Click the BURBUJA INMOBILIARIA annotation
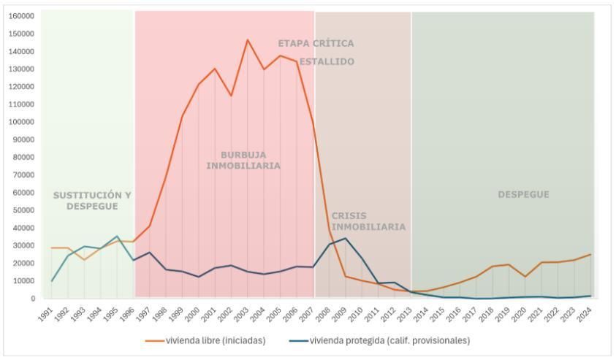(243, 160)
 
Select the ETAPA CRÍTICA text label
(316, 44)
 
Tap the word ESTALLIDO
(327, 62)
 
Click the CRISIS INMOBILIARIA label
(368, 221)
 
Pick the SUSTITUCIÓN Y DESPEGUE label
(92, 201)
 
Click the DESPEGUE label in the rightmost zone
(523, 195)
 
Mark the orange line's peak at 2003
(247, 39)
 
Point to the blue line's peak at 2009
(346, 238)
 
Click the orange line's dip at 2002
(231, 96)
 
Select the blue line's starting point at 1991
(52, 281)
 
